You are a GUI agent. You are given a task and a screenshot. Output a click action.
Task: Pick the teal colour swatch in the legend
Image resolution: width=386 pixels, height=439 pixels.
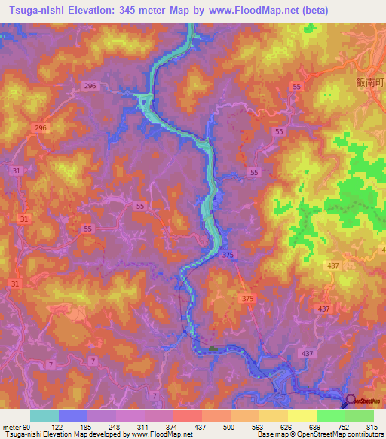click(44, 416)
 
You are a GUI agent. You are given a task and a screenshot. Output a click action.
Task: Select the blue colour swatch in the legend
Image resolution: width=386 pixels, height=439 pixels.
click(72, 416)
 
